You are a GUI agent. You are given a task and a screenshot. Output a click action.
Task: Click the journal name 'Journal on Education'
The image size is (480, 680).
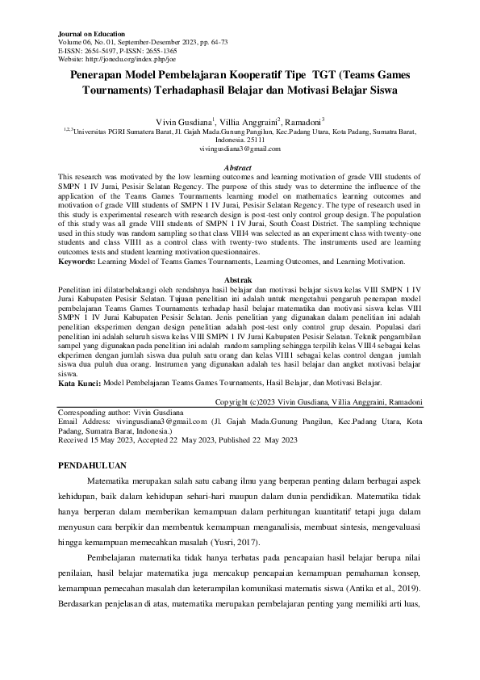pos(92,35)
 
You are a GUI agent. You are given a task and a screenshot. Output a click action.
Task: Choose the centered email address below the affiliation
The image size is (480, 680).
pos(240,149)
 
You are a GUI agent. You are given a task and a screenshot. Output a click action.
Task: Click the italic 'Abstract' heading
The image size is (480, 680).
pos(240,167)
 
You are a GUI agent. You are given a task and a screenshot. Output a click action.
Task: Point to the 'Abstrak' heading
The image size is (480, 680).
pos(240,278)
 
